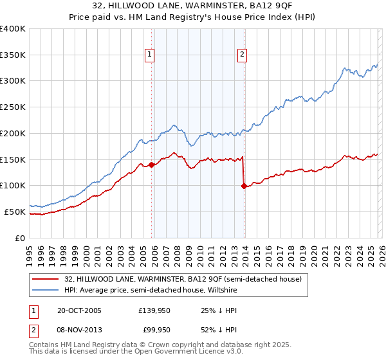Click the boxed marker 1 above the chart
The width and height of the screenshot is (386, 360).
[149, 55]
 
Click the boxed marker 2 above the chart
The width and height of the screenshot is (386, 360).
[243, 55]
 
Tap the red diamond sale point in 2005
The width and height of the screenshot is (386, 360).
[152, 165]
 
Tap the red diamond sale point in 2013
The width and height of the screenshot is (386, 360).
[244, 186]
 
